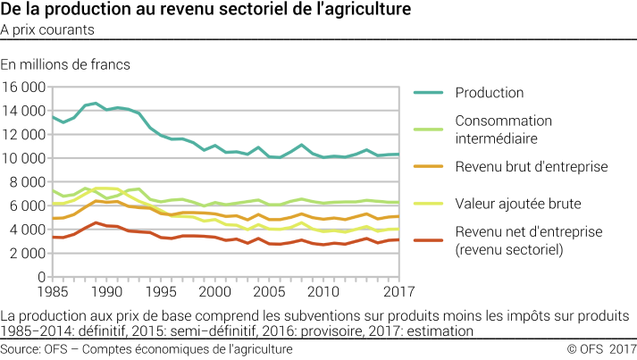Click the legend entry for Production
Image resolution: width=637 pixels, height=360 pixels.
coord(489,93)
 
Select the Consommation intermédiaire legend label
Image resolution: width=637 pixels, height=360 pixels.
coord(503,129)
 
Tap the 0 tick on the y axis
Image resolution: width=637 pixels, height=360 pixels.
coord(42,276)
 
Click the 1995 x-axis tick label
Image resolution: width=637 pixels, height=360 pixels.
coord(160,291)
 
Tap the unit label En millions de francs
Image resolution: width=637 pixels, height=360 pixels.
coord(65,64)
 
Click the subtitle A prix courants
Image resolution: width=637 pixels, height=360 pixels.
coord(48,29)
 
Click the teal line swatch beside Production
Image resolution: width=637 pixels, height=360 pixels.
coord(429,93)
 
